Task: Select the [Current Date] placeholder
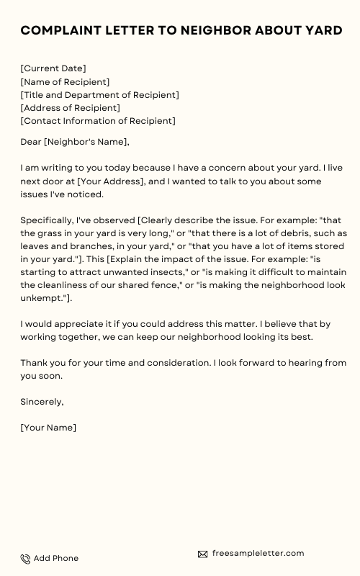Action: click(x=53, y=68)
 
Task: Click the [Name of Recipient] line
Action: click(x=65, y=82)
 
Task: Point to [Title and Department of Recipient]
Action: click(x=99, y=95)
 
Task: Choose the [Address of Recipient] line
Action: click(x=70, y=108)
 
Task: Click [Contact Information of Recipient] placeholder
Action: click(x=98, y=121)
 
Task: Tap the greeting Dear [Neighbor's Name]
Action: click(x=74, y=142)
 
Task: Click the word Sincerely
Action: click(x=42, y=402)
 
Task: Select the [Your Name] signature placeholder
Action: click(x=48, y=428)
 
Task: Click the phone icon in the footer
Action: click(x=25, y=559)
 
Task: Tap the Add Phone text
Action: click(x=56, y=559)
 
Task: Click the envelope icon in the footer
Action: click(x=203, y=554)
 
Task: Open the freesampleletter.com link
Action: click(x=258, y=554)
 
